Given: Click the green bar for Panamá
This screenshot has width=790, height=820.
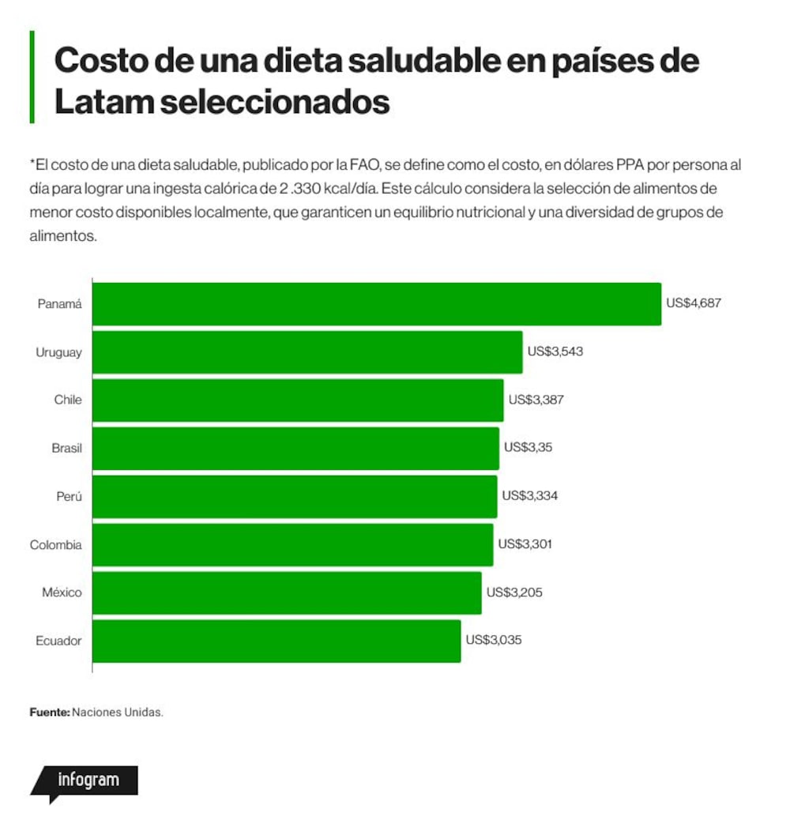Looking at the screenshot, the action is pyautogui.click(x=377, y=304).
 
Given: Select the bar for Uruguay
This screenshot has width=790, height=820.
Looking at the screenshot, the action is pyautogui.click(x=307, y=352).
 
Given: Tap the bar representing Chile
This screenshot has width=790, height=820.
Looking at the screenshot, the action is pyautogui.click(x=298, y=400).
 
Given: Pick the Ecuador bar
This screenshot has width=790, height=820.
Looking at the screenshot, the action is pyautogui.click(x=276, y=641).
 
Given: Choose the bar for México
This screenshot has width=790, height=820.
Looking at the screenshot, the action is pyautogui.click(x=287, y=593).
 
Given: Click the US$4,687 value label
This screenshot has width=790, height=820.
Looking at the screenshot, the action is pyautogui.click(x=694, y=303).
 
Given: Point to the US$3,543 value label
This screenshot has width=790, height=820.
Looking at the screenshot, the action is pyautogui.click(x=555, y=352).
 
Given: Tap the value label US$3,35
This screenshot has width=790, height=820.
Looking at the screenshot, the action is pyautogui.click(x=528, y=447).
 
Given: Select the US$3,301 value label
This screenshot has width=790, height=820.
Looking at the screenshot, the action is pyautogui.click(x=525, y=544).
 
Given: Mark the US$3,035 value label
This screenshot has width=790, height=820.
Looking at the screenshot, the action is pyautogui.click(x=494, y=640).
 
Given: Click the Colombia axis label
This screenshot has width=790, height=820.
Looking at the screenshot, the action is pyautogui.click(x=55, y=545).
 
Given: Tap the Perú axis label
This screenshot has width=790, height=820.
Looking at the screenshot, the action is pyautogui.click(x=69, y=496).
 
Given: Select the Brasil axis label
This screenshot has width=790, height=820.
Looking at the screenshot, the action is pyautogui.click(x=66, y=448).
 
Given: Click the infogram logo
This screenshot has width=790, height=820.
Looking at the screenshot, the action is pyautogui.click(x=85, y=783).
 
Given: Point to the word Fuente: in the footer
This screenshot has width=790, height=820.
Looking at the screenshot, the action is pyautogui.click(x=49, y=713).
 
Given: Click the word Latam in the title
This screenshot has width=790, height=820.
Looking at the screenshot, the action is pyautogui.click(x=104, y=101).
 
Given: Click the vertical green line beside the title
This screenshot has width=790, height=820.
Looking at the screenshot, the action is pyautogui.click(x=32, y=77).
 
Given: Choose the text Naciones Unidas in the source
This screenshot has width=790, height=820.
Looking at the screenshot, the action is pyautogui.click(x=118, y=713).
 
